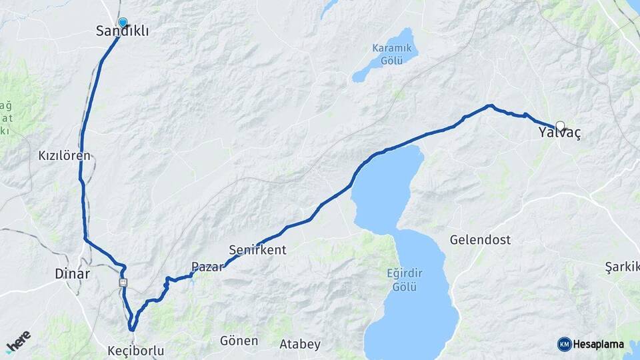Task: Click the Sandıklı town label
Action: tap(123, 31)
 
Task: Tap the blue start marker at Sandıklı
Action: tap(122, 22)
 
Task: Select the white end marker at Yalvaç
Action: tap(560, 125)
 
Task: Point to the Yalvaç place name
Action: tap(560, 133)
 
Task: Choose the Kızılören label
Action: tap(64, 155)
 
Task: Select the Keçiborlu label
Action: tap(135, 350)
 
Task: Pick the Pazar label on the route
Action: tap(207, 267)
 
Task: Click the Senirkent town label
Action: tap(257, 251)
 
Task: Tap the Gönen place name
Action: tap(239, 341)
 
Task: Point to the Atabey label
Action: tap(300, 345)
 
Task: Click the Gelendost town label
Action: tap(480, 239)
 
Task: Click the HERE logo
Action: tap(19, 341)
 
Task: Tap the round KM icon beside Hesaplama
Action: tap(564, 344)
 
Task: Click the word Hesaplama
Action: tap(599, 345)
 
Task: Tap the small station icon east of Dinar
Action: tap(123, 283)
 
